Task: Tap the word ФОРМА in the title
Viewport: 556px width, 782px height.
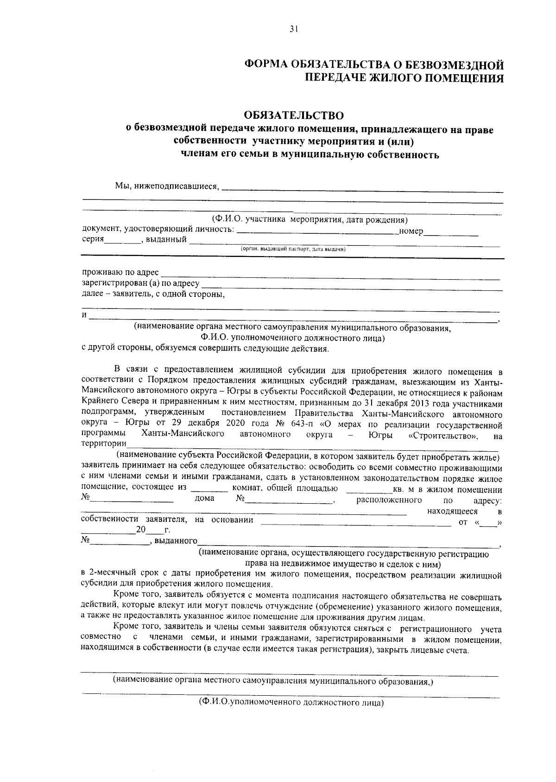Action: tap(266, 64)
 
